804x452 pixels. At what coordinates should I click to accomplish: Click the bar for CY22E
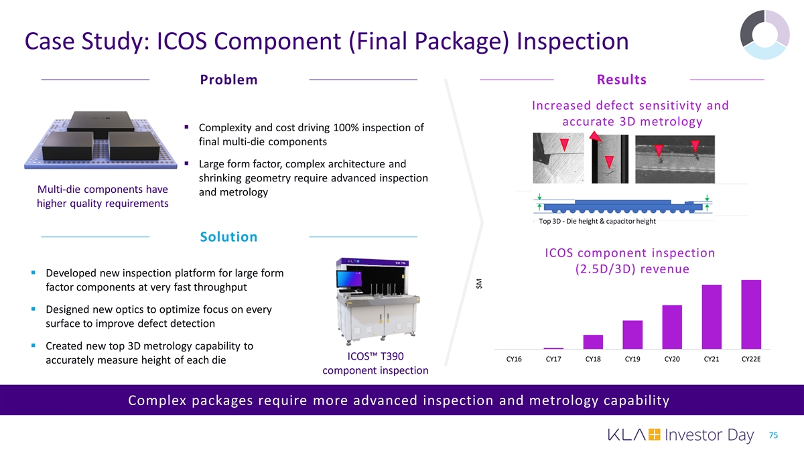[x=751, y=314]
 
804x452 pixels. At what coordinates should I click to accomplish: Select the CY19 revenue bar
[x=632, y=335]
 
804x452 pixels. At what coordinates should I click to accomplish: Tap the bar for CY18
[x=593, y=342]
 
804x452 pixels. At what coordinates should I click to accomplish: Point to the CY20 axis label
[x=672, y=359]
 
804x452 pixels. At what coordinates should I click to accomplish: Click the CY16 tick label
[x=514, y=359]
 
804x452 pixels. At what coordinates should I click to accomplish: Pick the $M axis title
[x=479, y=284]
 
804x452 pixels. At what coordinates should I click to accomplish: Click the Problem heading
[x=228, y=80]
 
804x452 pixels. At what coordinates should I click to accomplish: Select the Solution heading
[x=228, y=237]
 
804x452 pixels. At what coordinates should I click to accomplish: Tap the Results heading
[x=622, y=80]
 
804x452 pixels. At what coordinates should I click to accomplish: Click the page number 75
[x=773, y=435]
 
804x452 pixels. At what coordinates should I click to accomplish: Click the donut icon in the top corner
[x=765, y=34]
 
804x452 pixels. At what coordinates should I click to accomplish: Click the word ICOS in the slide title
[x=182, y=41]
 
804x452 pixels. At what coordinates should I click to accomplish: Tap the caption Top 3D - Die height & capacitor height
[x=597, y=222]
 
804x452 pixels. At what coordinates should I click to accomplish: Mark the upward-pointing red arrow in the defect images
[x=596, y=137]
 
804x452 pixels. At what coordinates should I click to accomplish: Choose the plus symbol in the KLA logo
[x=654, y=435]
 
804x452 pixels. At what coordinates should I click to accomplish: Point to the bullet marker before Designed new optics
[x=33, y=309]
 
